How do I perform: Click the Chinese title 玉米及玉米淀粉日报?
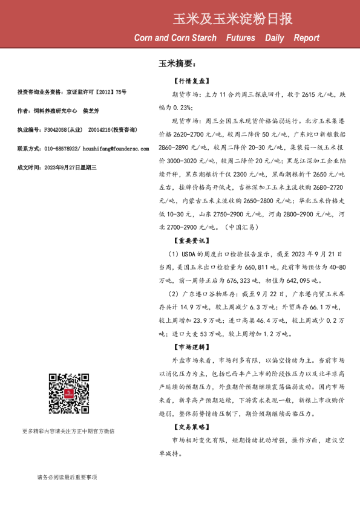(232, 18)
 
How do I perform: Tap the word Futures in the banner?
(240, 38)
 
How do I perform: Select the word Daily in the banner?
(273, 38)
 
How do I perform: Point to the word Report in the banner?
(307, 38)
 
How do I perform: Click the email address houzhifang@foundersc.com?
(100, 148)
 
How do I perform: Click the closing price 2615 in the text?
(310, 94)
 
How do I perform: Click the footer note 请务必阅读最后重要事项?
(67, 478)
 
